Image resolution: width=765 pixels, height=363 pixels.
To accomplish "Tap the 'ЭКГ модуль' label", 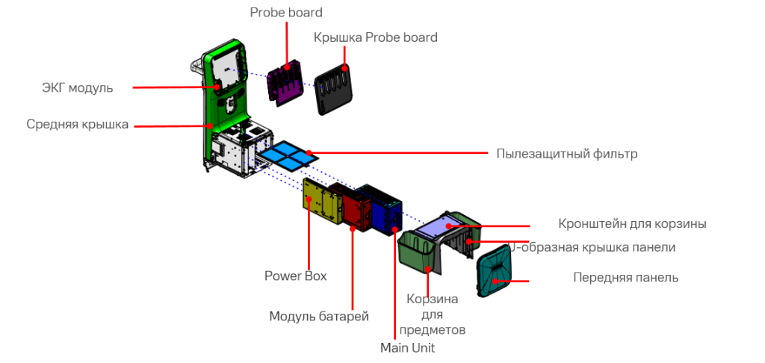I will pyautogui.click(x=77, y=87).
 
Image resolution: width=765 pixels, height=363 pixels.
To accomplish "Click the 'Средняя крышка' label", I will pyautogui.click(x=78, y=124).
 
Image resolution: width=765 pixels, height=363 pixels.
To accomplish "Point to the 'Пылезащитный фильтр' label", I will pyautogui.click(x=567, y=154).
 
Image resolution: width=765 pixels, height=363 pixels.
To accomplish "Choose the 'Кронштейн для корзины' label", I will pyautogui.click(x=632, y=223).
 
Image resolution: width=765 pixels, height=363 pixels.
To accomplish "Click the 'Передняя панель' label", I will pyautogui.click(x=625, y=277).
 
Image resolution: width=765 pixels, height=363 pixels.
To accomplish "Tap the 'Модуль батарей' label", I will pyautogui.click(x=319, y=316).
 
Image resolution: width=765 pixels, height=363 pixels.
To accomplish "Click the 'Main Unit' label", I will pyautogui.click(x=407, y=347).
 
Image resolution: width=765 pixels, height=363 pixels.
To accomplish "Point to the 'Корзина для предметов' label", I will pyautogui.click(x=433, y=314).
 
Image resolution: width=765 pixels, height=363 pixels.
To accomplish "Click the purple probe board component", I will pyautogui.click(x=285, y=81).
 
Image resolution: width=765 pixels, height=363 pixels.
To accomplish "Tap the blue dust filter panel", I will pyautogui.click(x=287, y=155).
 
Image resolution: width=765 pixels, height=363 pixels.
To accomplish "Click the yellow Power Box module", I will pyautogui.click(x=322, y=202).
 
